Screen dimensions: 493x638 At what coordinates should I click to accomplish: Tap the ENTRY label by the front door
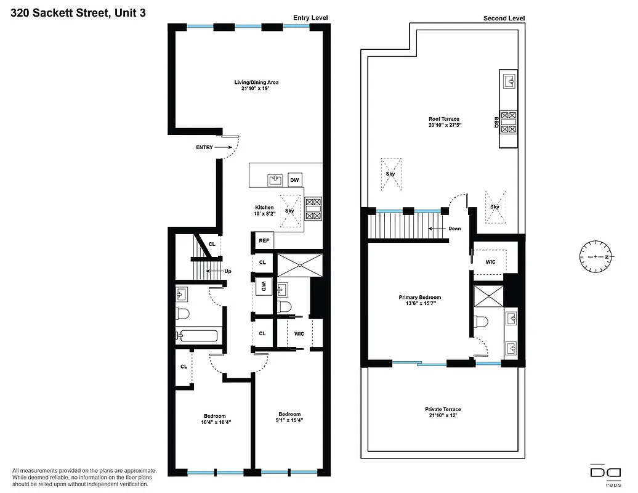pos(205,147)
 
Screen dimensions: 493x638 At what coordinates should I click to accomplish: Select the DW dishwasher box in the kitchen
pos(295,180)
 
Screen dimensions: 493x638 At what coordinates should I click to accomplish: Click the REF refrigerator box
pos(264,240)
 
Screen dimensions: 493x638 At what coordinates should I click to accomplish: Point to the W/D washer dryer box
pos(264,286)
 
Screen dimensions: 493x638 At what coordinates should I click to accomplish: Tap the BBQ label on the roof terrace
pos(495,122)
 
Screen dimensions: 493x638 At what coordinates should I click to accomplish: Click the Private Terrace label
pos(442,412)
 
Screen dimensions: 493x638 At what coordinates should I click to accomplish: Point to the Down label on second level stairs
pos(454,229)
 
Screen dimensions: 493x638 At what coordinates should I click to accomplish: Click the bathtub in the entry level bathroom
pos(196,336)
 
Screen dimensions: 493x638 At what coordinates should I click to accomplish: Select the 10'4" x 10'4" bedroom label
pos(214,419)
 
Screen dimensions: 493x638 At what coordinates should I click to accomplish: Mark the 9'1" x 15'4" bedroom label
pos(289,417)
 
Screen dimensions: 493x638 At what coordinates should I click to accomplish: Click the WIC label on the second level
pos(490,262)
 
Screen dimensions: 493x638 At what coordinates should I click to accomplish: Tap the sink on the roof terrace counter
pos(510,81)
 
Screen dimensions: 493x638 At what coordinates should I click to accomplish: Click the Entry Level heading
pos(310,18)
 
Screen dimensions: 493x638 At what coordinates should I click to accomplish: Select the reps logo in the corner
pos(604,474)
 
